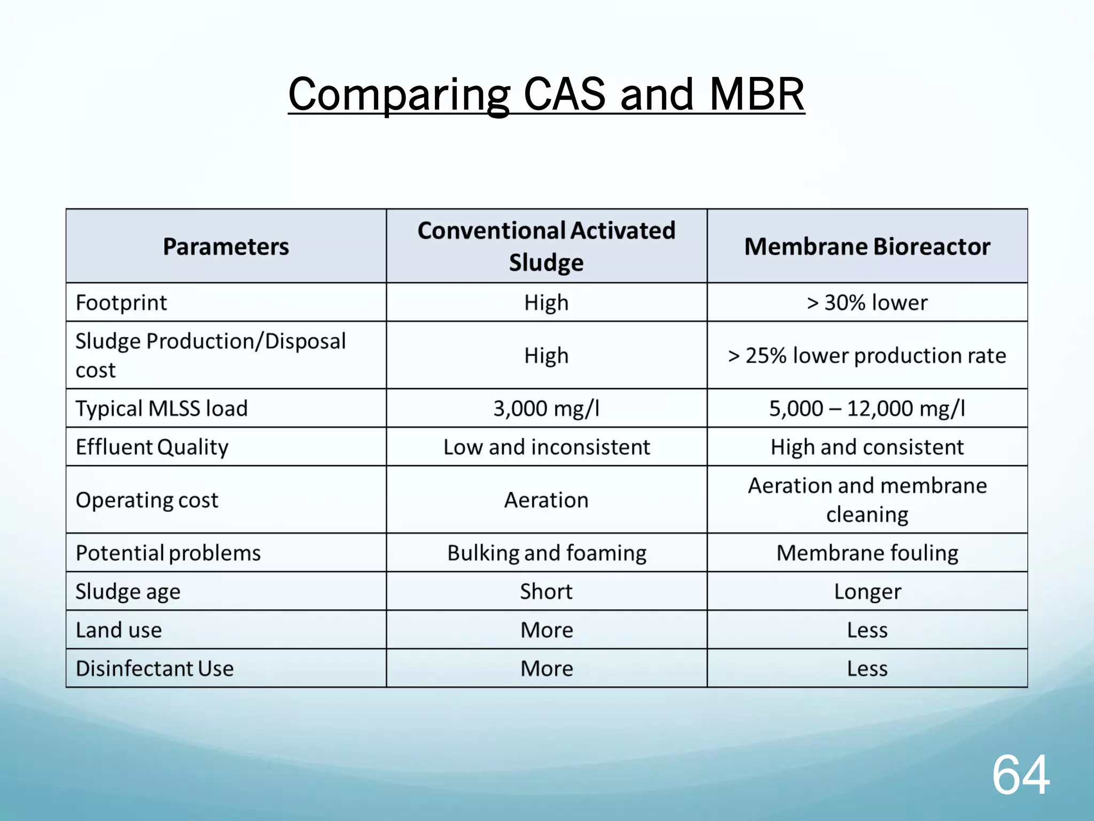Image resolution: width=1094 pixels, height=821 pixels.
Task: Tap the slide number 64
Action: (1020, 775)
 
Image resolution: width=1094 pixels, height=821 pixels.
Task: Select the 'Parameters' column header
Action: (226, 246)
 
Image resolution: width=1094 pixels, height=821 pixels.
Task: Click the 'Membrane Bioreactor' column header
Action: (867, 246)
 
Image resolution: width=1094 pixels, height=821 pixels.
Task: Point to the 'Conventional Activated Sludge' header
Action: (546, 246)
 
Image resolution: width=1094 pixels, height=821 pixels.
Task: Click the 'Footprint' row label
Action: (121, 303)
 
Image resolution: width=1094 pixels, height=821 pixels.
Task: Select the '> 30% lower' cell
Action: (867, 303)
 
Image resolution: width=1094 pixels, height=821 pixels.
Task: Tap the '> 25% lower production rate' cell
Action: (867, 355)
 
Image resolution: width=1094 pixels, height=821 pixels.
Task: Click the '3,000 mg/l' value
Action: (546, 408)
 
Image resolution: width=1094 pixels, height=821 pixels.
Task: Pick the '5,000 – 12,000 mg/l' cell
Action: (867, 408)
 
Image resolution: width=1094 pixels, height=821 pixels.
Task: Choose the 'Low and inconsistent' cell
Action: (546, 447)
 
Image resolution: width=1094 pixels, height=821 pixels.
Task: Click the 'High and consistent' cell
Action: (867, 447)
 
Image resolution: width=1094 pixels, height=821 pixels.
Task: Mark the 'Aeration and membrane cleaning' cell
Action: (867, 500)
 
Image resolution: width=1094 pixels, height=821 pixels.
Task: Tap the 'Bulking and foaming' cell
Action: (546, 553)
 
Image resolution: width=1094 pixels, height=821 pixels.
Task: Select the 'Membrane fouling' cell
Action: (867, 553)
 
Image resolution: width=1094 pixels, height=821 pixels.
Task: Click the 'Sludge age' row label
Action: (128, 592)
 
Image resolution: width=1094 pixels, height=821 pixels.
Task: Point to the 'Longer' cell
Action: (867, 592)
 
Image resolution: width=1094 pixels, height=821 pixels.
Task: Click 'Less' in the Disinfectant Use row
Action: (867, 669)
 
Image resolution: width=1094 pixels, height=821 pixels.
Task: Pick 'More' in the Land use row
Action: (546, 630)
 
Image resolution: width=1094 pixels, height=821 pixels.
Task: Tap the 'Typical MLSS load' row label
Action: (161, 408)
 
